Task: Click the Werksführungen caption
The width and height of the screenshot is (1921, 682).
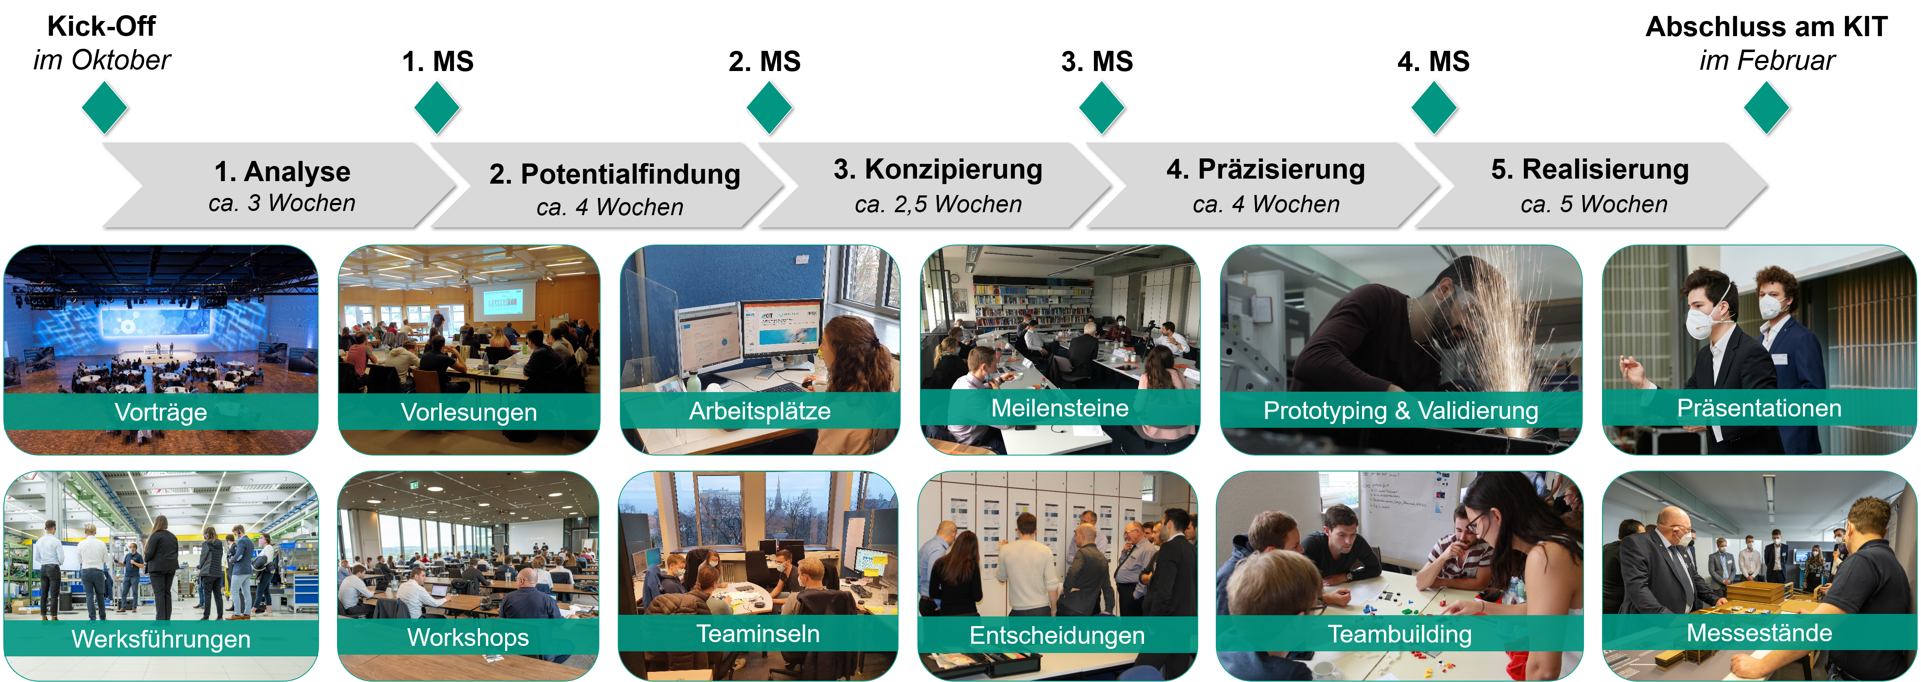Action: [161, 639]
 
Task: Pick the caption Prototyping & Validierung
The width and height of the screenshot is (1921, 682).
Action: [1400, 410]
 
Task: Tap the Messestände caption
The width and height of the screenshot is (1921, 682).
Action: [1759, 633]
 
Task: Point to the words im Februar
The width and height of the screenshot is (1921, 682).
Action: [1767, 61]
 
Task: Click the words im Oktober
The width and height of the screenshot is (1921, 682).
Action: [102, 61]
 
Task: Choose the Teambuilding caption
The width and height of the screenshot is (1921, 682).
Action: [1400, 634]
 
